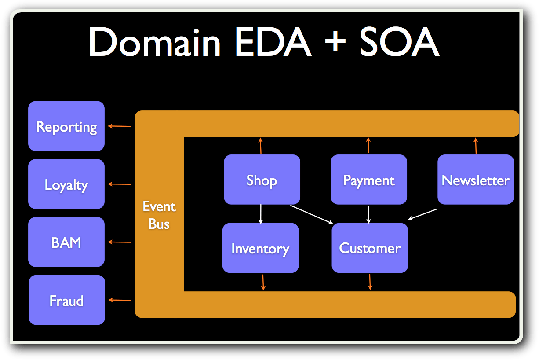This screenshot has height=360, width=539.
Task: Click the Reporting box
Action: [66, 126]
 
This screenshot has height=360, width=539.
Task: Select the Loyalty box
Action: [66, 184]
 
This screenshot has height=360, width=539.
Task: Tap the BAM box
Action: [66, 242]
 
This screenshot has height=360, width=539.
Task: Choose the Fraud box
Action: [67, 300]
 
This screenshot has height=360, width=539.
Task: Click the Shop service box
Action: [262, 180]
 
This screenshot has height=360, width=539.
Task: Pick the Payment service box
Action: [369, 180]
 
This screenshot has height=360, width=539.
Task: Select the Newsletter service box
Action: [476, 180]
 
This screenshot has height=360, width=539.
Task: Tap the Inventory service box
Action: [260, 248]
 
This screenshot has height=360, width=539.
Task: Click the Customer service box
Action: [370, 248]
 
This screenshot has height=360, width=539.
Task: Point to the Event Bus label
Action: [159, 215]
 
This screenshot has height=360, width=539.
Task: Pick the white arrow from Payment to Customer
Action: [369, 214]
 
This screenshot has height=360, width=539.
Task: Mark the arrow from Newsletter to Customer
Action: [422, 214]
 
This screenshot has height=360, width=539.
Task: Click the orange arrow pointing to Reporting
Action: [120, 126]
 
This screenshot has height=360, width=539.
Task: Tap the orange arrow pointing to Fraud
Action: [120, 300]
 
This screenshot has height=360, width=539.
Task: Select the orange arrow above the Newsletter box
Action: [475, 146]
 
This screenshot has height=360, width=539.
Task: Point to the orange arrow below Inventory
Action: [263, 282]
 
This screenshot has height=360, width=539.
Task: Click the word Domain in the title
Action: [154, 43]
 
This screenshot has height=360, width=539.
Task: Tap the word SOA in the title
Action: [399, 43]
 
